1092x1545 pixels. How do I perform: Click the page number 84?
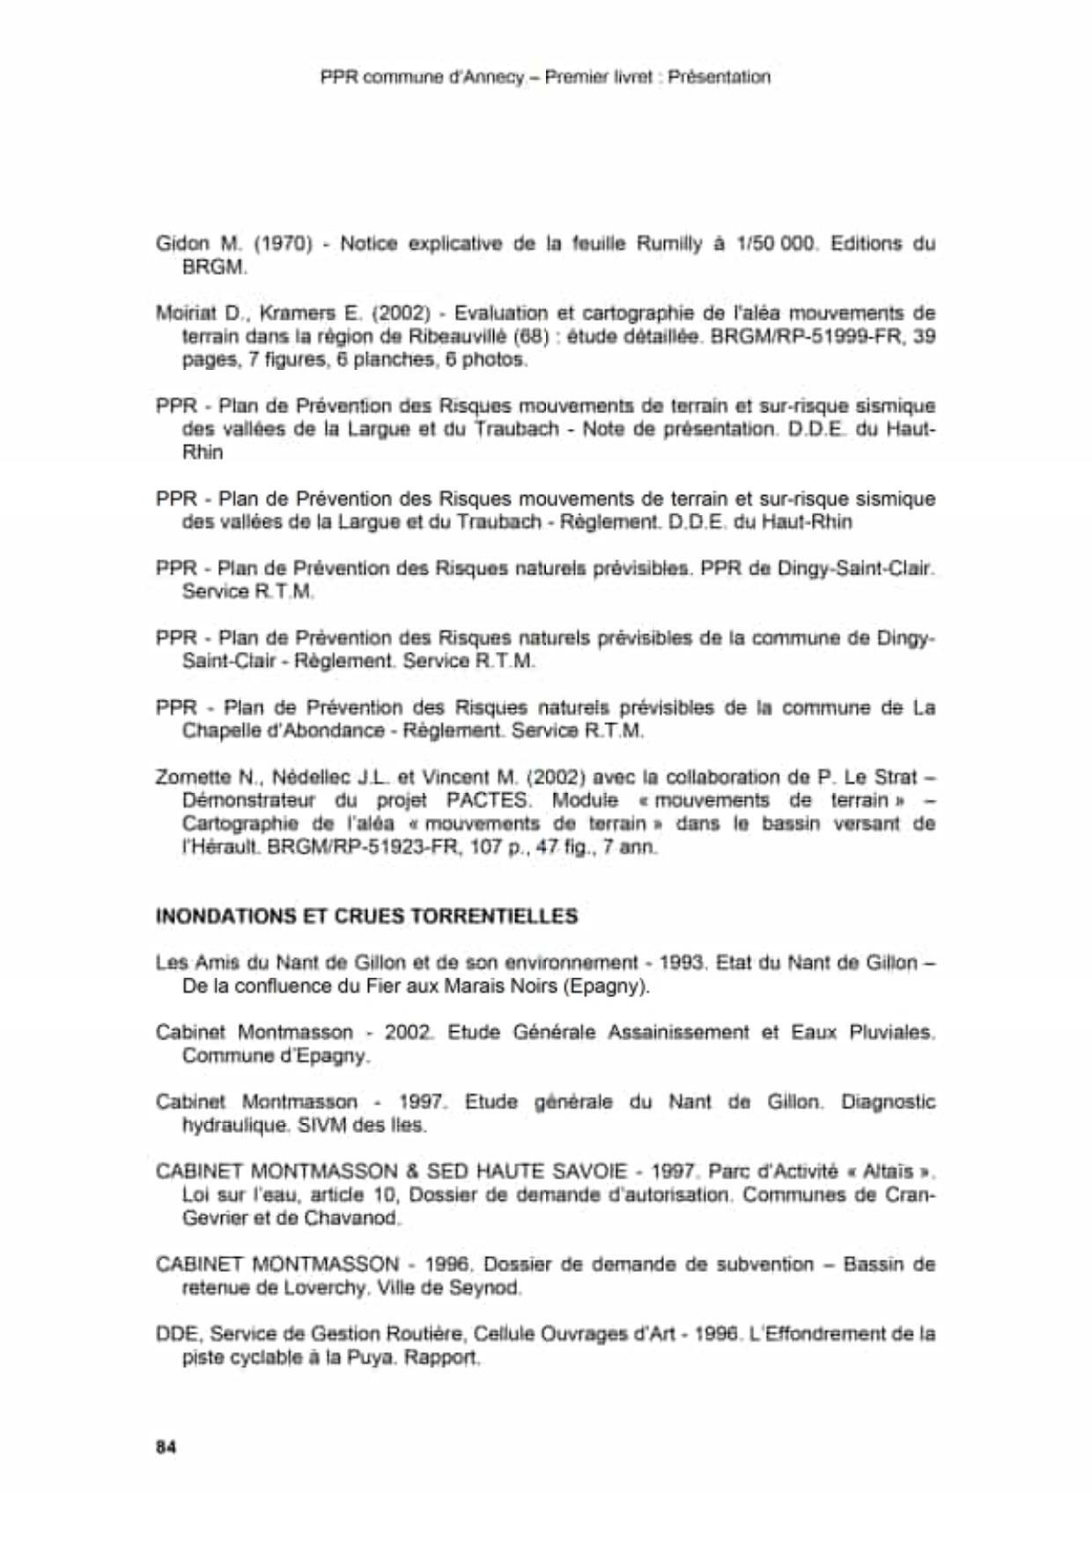click(166, 1446)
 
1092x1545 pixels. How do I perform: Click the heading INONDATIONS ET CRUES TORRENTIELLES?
click(366, 916)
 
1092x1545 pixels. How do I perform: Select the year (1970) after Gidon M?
click(284, 243)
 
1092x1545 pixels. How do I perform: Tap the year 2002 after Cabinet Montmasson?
click(408, 1032)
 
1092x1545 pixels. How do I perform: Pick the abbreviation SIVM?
click(323, 1126)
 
